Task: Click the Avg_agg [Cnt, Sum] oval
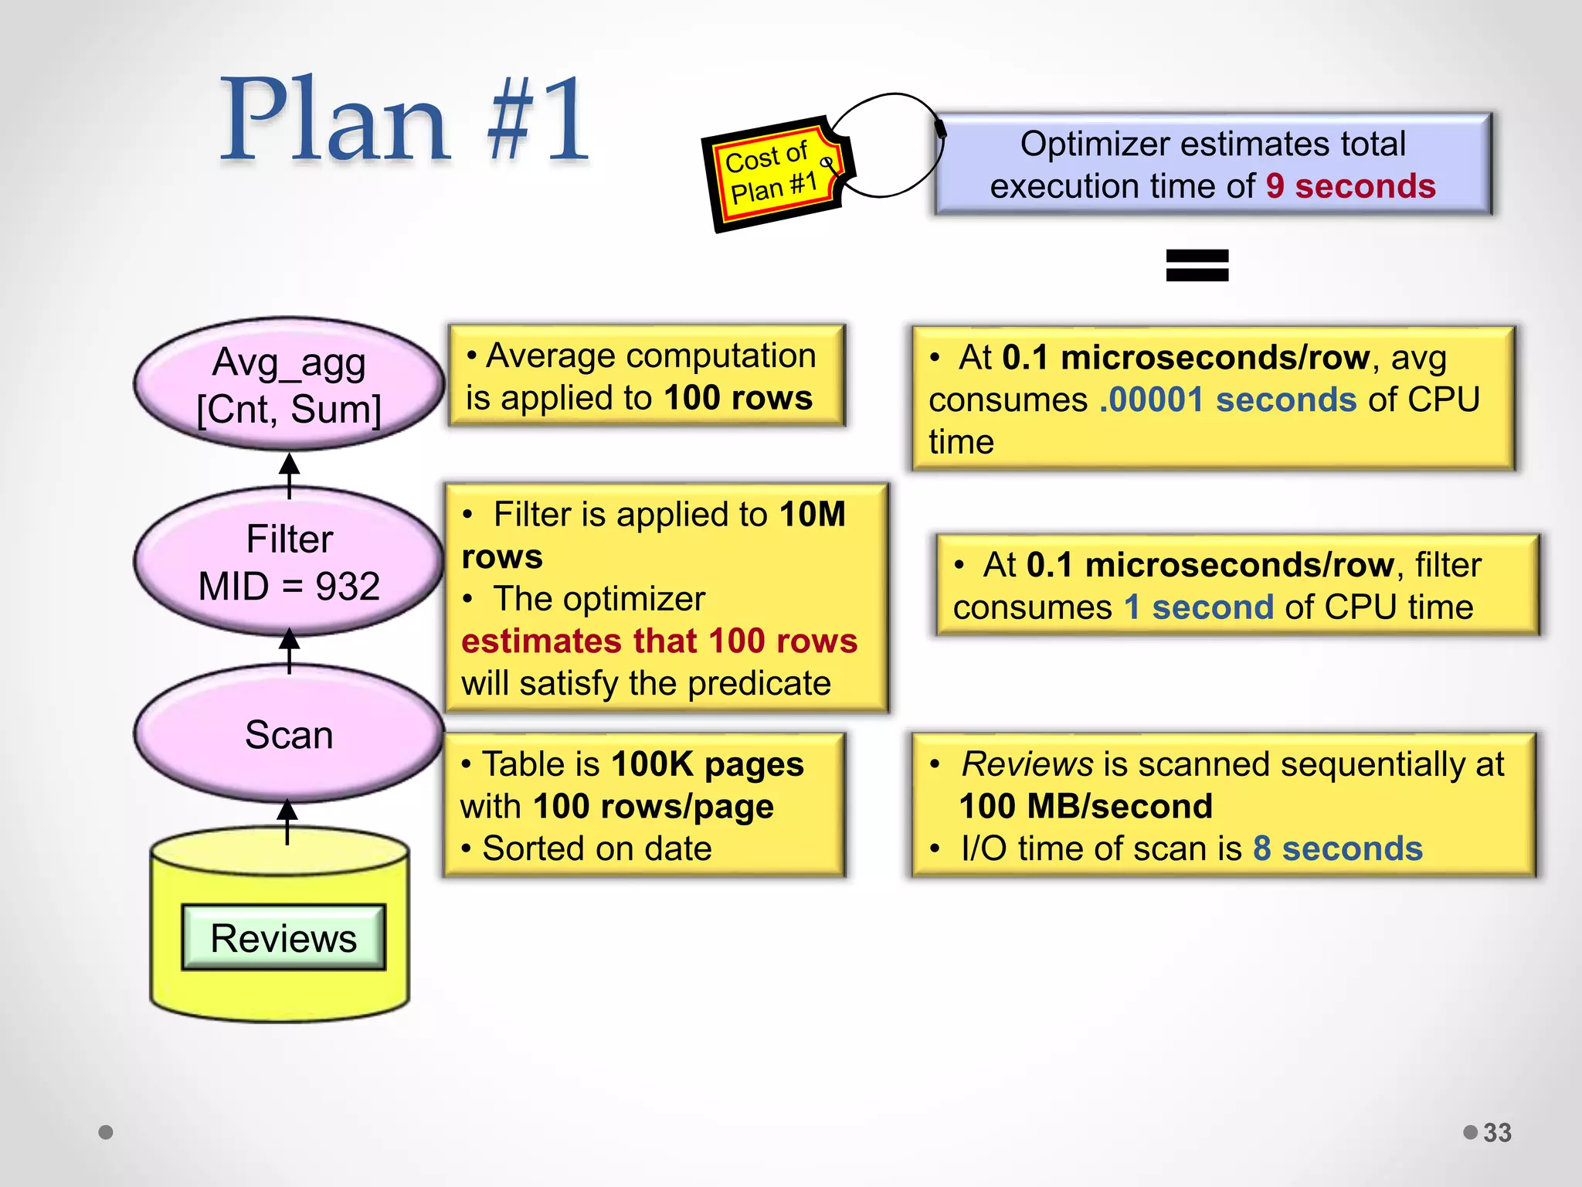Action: coord(289,384)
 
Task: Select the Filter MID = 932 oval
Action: coord(289,562)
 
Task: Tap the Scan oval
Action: coord(289,734)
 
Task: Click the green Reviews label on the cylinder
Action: coord(283,937)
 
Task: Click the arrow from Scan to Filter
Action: coord(289,649)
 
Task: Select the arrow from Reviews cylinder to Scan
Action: coord(287,821)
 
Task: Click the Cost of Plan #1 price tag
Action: coord(772,174)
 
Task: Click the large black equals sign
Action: coord(1197,265)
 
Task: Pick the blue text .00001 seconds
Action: coord(1227,400)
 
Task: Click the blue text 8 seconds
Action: coord(1337,849)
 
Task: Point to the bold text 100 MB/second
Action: coord(1085,806)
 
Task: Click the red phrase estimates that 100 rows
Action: coord(659,641)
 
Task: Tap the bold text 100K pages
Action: coord(707,764)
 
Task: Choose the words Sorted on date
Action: coord(596,849)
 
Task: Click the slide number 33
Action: coord(1497,1132)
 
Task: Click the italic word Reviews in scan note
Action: coord(1027,764)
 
